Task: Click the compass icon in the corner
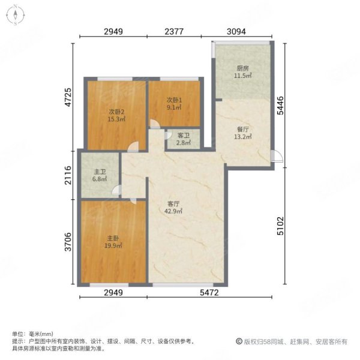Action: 14,15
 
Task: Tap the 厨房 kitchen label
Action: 242,68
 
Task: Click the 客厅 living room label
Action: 174,203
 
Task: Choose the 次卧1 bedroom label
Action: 174,100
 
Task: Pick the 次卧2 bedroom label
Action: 116,112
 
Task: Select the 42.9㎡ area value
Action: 174,211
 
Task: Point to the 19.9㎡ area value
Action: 115,245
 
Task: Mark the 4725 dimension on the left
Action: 67,97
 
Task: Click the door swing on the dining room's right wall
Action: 276,155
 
